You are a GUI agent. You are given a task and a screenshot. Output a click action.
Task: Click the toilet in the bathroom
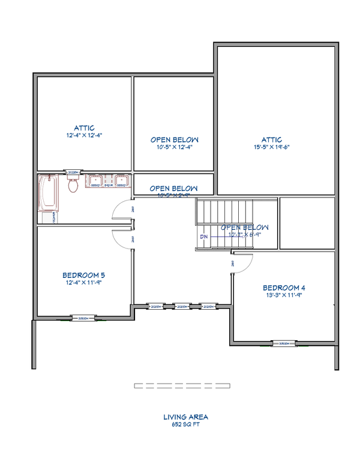[x=74, y=184]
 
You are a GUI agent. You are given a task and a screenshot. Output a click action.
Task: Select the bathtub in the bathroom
[x=47, y=193]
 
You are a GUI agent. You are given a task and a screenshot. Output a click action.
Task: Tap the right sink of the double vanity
[x=121, y=181]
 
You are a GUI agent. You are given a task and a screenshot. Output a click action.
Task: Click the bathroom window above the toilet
[x=74, y=172]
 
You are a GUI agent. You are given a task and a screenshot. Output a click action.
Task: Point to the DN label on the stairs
[x=205, y=237]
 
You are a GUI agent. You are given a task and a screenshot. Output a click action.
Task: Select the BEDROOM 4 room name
[x=284, y=287]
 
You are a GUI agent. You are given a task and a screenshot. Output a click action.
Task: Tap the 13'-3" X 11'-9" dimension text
[x=284, y=295]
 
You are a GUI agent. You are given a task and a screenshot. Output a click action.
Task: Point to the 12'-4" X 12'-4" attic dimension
[x=84, y=135]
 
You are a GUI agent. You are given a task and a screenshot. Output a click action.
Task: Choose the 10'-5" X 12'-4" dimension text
[x=174, y=146]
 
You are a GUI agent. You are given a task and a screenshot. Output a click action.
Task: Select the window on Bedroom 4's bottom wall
[x=284, y=344]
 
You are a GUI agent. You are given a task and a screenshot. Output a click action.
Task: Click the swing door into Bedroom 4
[x=242, y=263]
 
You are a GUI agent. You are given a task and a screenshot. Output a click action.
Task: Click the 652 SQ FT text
[x=186, y=424]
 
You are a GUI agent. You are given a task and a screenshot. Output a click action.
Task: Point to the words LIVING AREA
[x=186, y=416]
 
